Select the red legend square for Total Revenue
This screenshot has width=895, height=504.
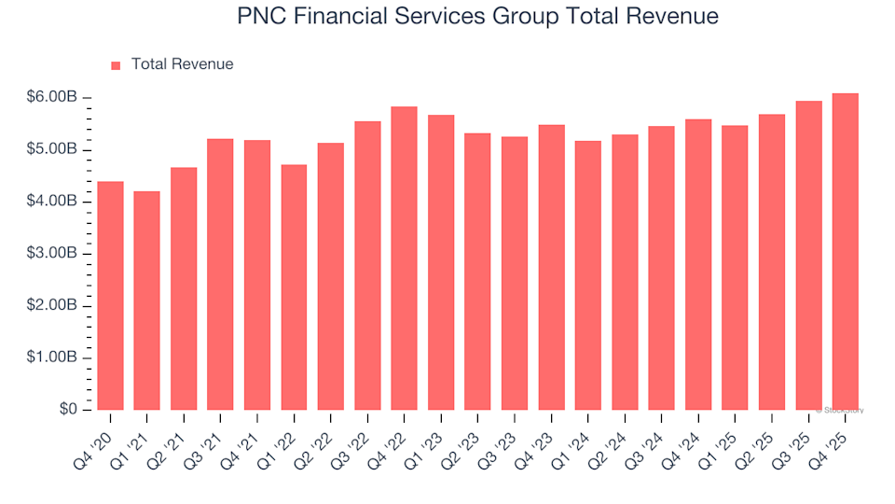pos(117,65)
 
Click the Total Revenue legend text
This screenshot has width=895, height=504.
pos(182,64)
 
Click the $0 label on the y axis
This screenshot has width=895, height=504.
pos(69,410)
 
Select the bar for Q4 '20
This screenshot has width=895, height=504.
pos(110,296)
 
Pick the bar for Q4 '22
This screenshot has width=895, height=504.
pos(405,259)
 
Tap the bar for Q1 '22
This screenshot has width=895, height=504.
pos(294,287)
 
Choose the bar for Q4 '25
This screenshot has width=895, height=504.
pos(846,252)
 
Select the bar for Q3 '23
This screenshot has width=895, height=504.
pos(515,273)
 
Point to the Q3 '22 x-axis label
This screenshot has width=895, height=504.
pos(354,437)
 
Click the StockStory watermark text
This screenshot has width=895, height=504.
pos(842,410)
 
